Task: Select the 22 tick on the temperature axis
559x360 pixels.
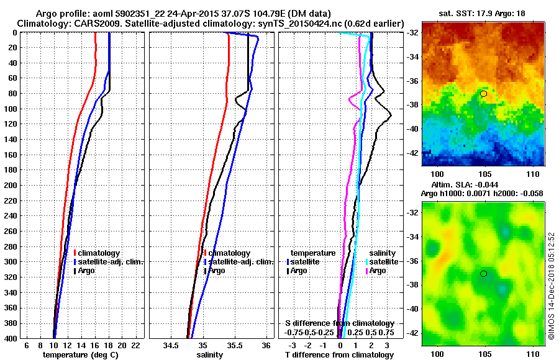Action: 137,344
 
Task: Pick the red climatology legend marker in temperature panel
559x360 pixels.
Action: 75,253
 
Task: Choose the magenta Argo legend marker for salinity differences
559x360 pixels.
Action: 368,271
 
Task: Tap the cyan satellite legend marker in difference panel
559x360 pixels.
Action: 368,262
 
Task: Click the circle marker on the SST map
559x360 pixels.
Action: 483,94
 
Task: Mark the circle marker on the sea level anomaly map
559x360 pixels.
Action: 483,274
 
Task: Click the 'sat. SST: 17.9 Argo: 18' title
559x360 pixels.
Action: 482,14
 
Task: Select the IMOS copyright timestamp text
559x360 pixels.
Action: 552,287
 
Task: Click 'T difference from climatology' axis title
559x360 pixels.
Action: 339,354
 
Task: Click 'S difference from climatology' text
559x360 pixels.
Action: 339,323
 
